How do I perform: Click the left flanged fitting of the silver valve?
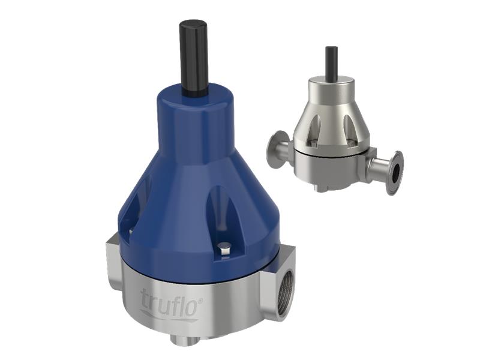pyautogui.click(x=277, y=145)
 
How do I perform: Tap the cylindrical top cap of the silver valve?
pyautogui.click(x=332, y=90)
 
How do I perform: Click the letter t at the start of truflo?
pyautogui.click(x=144, y=298)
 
